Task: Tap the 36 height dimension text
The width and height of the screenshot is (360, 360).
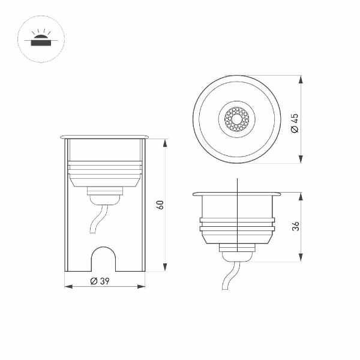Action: [x=295, y=226]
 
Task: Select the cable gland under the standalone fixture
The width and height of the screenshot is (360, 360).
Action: [x=238, y=248]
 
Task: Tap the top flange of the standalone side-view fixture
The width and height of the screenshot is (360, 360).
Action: [x=238, y=194]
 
